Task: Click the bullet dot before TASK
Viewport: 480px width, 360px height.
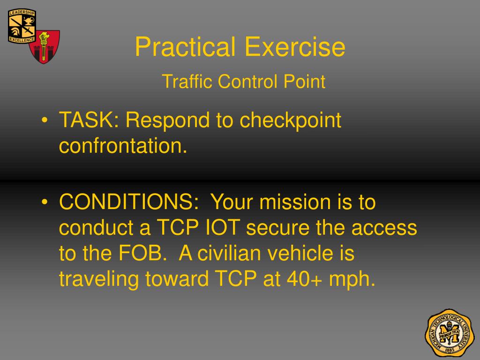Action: tap(44, 121)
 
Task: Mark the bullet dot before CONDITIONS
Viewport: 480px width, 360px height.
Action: tap(44, 203)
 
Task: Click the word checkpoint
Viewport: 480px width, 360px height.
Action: tap(291, 121)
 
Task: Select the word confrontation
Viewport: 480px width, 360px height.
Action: tap(123, 146)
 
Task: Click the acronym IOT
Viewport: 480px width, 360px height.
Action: tap(223, 228)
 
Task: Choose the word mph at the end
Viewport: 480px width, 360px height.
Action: tap(352, 280)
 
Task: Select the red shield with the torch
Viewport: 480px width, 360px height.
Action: tap(45, 46)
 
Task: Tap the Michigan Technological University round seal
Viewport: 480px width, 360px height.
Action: tap(449, 332)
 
